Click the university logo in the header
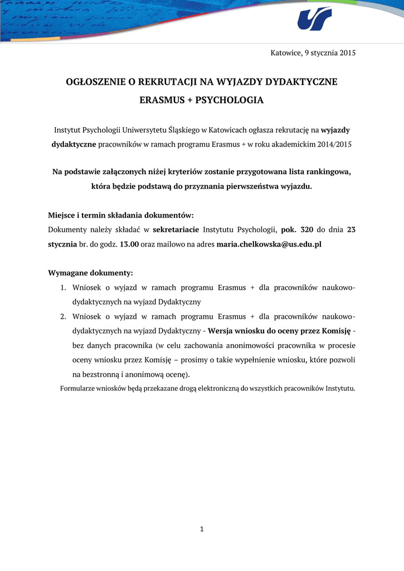point(314,18)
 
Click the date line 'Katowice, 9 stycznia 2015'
point(313,53)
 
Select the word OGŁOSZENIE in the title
point(95,82)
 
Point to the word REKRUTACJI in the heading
point(168,82)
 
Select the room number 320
point(306,230)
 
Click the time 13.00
point(129,244)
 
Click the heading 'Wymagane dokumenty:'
point(90,273)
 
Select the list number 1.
point(63,288)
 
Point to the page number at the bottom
point(202,529)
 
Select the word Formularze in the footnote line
point(77,388)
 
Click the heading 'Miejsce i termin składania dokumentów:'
point(121,215)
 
